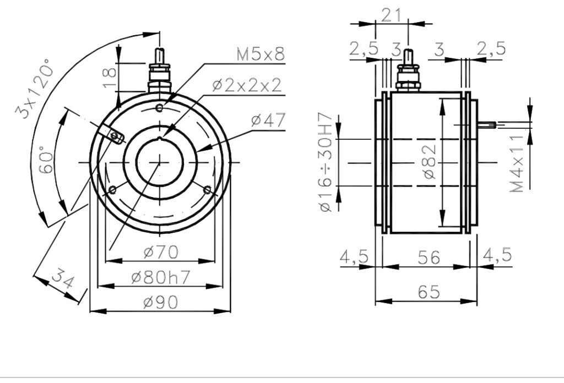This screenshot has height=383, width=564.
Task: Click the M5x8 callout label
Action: tap(261, 54)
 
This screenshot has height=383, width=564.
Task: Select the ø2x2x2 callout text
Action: tap(246, 85)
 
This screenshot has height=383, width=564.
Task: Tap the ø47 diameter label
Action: tap(268, 120)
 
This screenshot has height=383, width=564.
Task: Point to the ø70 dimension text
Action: tap(161, 252)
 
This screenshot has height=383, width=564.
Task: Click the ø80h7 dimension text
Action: tap(160, 277)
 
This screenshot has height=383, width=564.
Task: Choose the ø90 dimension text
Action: tap(160, 302)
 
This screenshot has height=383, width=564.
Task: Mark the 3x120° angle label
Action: tap(35, 88)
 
